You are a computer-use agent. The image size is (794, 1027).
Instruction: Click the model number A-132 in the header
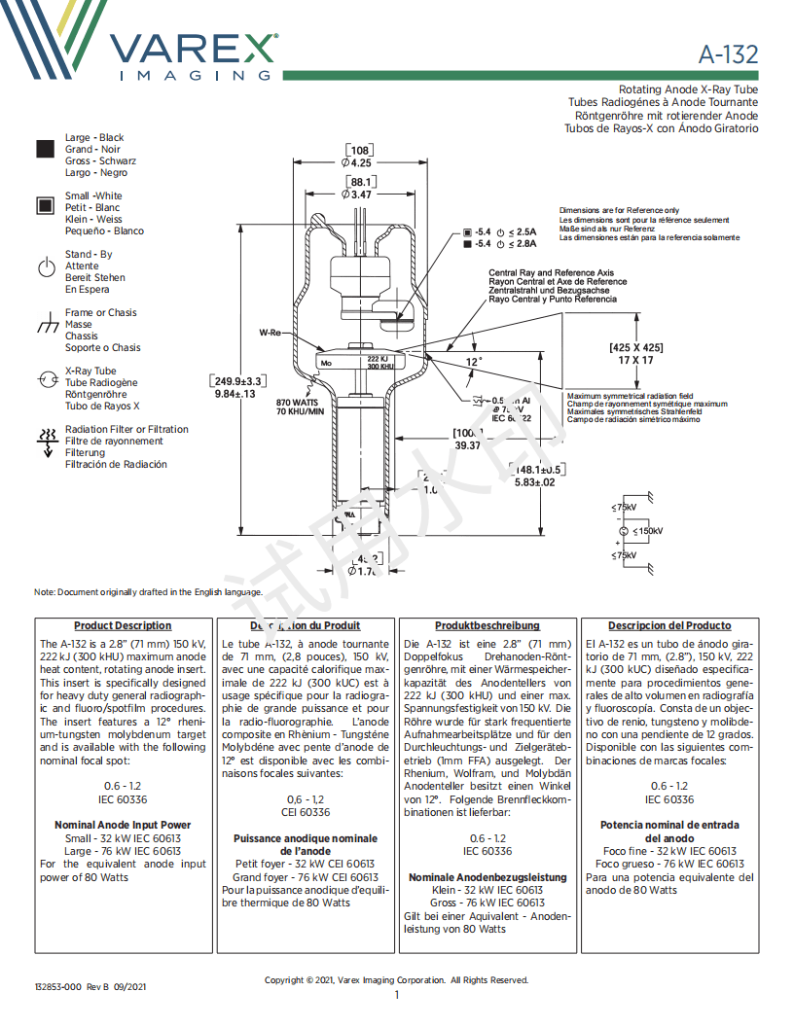pos(728,54)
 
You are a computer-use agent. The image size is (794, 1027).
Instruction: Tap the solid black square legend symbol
pos(45,149)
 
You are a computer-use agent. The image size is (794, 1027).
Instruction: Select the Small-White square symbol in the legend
pos(45,205)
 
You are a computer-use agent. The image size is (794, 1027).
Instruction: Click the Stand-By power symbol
pos(46,267)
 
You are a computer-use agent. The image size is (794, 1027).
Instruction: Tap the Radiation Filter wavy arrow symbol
pos(46,439)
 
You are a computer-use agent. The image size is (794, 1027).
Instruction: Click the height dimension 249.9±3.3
pos(239,381)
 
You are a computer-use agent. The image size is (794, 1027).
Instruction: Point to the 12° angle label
pos(473,362)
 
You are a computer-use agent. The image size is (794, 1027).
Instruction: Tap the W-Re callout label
pos(270,333)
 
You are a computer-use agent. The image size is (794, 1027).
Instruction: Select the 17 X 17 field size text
pos(636,360)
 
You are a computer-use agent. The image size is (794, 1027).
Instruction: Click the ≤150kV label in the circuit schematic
pos(647,531)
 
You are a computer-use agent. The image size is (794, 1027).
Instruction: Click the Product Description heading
pos(123,625)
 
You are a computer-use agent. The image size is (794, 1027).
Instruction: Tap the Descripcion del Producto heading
pos(669,625)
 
